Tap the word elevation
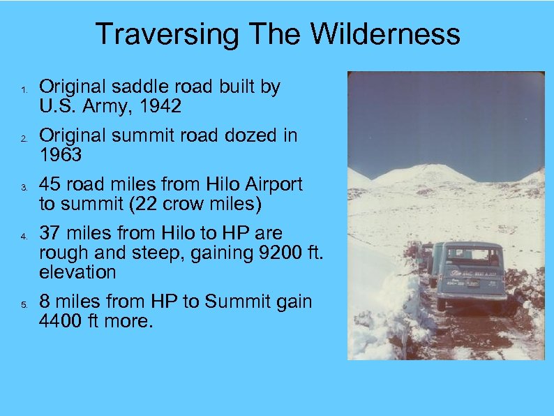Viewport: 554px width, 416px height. tap(77, 272)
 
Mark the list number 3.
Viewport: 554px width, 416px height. tap(23, 188)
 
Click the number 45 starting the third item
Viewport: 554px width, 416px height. tap(50, 185)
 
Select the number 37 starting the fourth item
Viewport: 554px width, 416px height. tap(50, 232)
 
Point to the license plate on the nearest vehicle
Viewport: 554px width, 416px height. tap(472, 284)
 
